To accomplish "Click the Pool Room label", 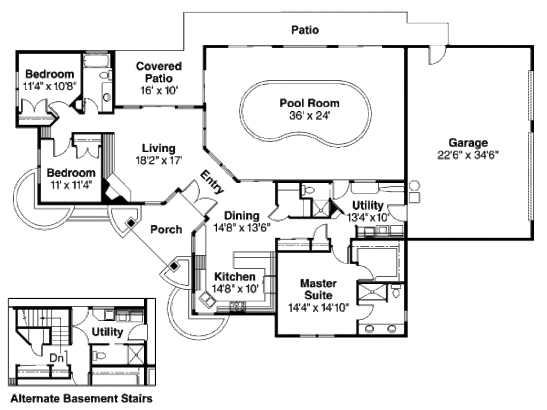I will [x=309, y=103].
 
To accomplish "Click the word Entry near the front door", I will [x=212, y=182].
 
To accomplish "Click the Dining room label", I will [x=241, y=216].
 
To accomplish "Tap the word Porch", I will [x=166, y=230].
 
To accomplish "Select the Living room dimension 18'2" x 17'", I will [x=159, y=160].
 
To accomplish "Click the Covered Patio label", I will [x=158, y=72].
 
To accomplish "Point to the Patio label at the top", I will [x=305, y=30].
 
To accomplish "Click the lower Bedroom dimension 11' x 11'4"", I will [x=71, y=185].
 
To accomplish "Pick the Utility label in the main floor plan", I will [x=368, y=206].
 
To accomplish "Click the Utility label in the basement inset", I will [x=107, y=332].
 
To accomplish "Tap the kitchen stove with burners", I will [x=238, y=306].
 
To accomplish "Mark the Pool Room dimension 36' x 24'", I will [x=309, y=115].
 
